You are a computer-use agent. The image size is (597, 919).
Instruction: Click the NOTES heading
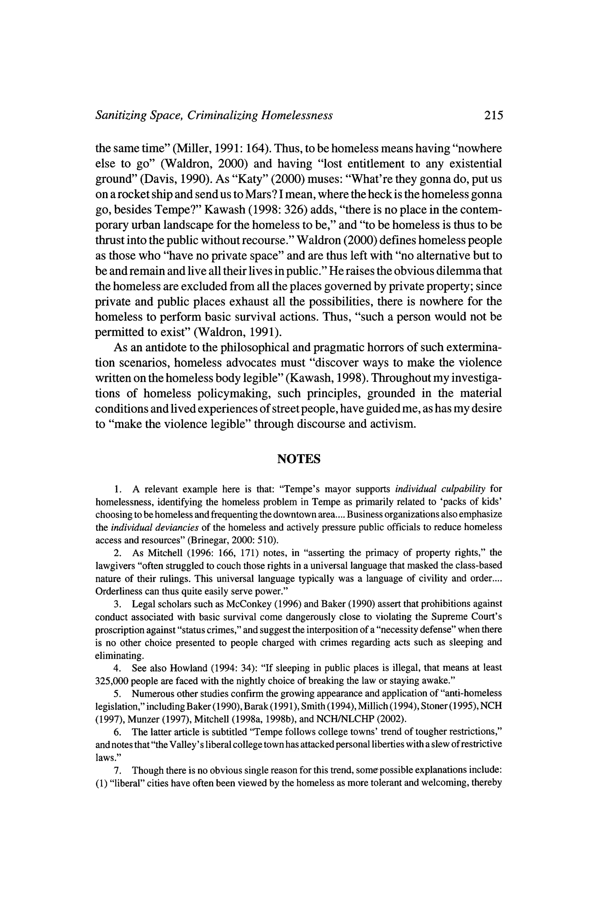click(x=299, y=458)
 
